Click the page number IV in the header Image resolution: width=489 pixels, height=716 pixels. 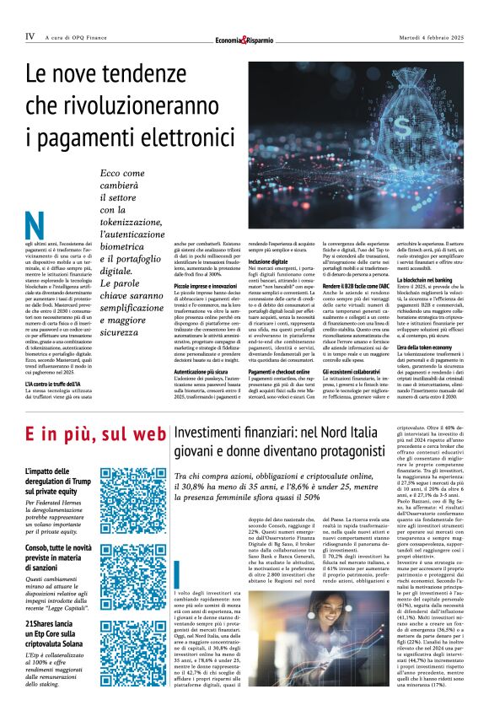[x=30, y=36]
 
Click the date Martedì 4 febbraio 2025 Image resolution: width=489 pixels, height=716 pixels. [x=428, y=36]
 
